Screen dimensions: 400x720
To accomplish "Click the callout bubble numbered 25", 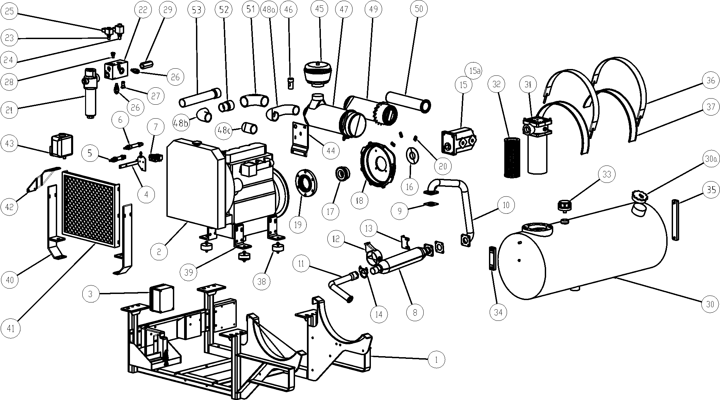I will [10, 11].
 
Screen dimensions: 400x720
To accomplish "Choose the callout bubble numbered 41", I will [11, 328].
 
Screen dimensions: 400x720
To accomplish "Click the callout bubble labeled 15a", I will [475, 71].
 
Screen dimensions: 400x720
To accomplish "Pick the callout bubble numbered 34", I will [498, 312].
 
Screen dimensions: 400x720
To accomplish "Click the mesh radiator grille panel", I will [88, 207].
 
